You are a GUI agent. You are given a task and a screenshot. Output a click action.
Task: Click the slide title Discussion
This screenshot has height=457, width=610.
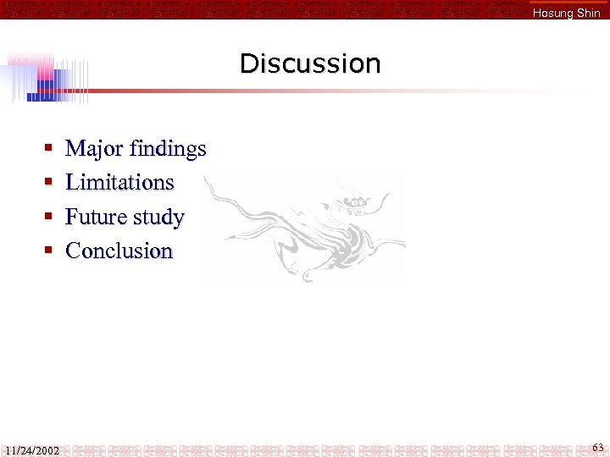[310, 63]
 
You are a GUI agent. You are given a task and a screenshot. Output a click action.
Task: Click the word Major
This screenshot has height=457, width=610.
[93, 149]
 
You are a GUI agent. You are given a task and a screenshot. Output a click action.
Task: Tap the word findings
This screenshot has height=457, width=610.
[166, 150]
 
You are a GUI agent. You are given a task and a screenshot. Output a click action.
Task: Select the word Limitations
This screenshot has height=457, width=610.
[119, 183]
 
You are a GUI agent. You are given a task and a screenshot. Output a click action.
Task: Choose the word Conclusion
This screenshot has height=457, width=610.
[119, 251]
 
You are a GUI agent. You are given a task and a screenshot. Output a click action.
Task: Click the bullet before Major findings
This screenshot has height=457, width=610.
[49, 150]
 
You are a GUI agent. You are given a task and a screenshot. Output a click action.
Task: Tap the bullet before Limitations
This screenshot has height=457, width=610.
[49, 184]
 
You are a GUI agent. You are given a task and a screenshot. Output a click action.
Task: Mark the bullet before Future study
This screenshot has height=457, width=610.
[49, 217]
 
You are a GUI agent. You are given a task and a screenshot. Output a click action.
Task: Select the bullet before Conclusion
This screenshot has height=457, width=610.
[49, 251]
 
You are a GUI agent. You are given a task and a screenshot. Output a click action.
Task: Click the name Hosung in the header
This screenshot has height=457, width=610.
[552, 13]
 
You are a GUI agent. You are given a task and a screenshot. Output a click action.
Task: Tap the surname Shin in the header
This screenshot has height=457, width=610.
[587, 13]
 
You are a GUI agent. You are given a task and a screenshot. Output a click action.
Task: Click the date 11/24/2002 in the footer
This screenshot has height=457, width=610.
[31, 450]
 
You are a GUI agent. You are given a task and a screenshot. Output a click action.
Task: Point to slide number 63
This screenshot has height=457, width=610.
[598, 447]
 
